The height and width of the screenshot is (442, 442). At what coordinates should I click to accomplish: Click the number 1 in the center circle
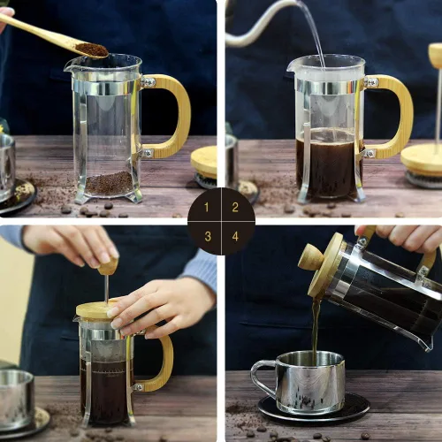click(206, 207)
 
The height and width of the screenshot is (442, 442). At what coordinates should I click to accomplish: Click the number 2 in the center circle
click(235, 207)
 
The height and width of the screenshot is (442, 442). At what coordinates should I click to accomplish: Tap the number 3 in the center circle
click(206, 236)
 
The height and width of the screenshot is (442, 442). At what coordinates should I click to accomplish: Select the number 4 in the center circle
click(235, 236)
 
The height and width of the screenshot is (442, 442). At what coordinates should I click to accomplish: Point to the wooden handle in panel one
click(174, 115)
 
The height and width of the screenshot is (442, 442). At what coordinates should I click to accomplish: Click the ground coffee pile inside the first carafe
click(109, 183)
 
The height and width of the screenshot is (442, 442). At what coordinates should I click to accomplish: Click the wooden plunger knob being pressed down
click(108, 266)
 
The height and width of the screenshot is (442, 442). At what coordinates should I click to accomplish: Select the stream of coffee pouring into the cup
click(315, 327)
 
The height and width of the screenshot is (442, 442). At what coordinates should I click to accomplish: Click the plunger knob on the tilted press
click(311, 257)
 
